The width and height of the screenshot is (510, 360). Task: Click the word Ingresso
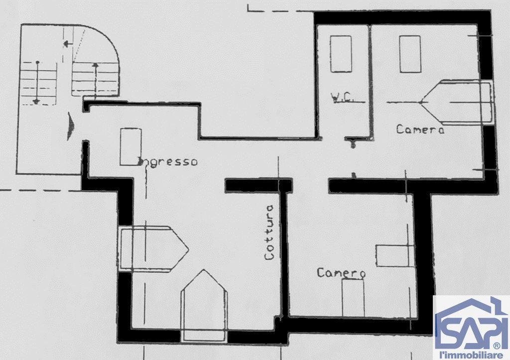[168, 162]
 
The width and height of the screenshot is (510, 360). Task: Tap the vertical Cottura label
[269, 232]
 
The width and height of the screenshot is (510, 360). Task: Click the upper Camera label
[420, 129]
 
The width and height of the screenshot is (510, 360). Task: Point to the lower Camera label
[341, 272]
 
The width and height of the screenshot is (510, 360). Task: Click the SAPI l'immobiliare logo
[471, 327]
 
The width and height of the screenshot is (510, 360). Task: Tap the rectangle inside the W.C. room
[341, 54]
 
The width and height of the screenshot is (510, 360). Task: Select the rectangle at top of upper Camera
[410, 54]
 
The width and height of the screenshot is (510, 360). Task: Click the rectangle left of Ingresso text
[130, 147]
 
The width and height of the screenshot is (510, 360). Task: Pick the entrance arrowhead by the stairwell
[70, 126]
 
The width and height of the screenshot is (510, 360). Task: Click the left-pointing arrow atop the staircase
[68, 43]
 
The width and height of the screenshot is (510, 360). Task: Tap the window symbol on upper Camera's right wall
[459, 103]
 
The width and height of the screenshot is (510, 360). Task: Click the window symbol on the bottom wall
[204, 306]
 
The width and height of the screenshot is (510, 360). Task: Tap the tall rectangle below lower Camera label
[353, 298]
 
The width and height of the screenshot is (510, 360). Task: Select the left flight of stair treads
[38, 83]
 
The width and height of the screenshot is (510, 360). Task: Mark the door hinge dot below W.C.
[353, 145]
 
